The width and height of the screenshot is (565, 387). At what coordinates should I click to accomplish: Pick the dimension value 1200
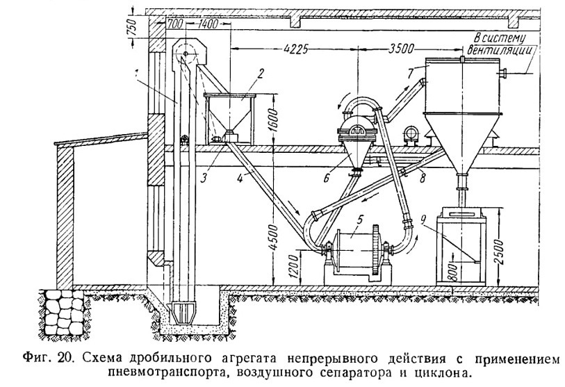point(294,267)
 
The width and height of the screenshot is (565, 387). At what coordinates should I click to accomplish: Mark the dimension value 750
point(132,26)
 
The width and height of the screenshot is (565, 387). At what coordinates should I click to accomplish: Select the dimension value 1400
point(208,24)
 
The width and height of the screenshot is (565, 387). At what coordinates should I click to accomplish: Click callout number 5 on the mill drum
point(361,220)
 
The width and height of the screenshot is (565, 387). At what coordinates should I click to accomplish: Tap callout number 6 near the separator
point(327,177)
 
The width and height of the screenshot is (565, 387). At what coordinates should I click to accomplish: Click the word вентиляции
point(500,50)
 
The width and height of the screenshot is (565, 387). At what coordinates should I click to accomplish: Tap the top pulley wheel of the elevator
point(186,54)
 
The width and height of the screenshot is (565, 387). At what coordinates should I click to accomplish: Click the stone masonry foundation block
point(65,313)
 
